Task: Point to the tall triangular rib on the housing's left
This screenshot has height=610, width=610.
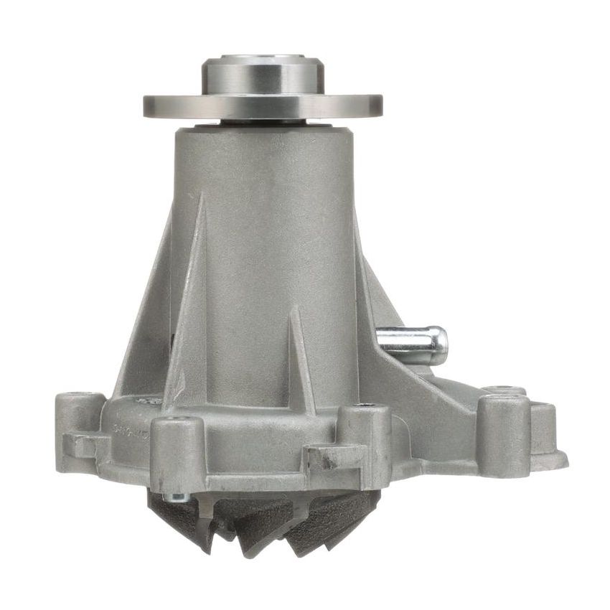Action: pos(188,301)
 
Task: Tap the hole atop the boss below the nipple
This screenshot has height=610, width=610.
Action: pos(366,406)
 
